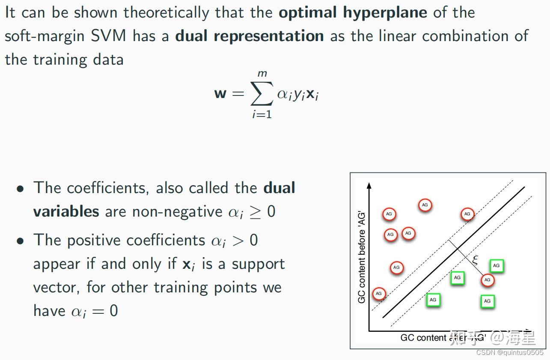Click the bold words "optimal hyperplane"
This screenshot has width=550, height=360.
353,12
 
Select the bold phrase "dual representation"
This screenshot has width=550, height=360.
250,36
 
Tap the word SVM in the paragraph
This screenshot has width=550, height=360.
108,36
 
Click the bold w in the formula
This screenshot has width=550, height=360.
220,93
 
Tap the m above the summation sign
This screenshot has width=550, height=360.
262,74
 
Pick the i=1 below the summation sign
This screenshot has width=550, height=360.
262,114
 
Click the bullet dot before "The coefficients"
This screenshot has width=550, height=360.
20,189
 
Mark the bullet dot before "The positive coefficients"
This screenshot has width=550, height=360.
20,241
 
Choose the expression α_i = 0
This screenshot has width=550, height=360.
94,311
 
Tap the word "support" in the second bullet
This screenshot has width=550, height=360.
259,264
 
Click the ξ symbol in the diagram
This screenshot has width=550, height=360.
475,260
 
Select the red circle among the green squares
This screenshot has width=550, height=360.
487,280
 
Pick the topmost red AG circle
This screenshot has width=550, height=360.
425,205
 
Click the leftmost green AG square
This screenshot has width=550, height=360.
433,300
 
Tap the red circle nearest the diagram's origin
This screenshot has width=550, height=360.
379,294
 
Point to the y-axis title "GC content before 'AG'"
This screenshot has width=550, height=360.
362,257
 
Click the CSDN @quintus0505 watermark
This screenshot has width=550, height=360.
509,352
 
